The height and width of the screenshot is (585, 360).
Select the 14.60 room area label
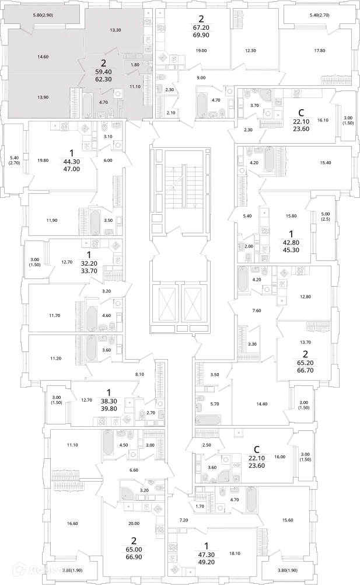click(41, 57)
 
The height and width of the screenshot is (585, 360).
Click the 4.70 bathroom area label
click(104, 102)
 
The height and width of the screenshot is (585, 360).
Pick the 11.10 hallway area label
click(135, 86)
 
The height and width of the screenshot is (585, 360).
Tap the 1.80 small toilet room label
click(135, 64)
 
